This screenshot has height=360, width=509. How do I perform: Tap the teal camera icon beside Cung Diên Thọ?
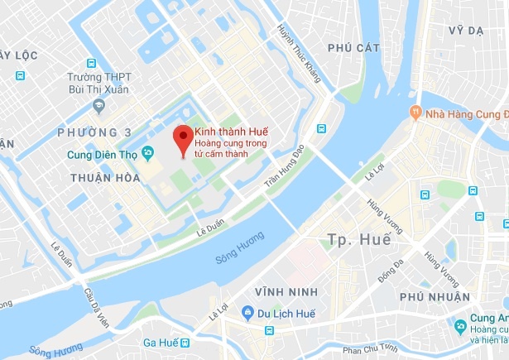(x=149, y=152)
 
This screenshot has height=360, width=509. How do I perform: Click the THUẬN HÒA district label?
(x=103, y=176)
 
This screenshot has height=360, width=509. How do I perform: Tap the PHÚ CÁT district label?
(x=352, y=48)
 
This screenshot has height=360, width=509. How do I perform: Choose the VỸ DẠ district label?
(x=465, y=30)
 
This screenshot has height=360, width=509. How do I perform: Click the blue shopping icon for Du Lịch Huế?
(x=247, y=312)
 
